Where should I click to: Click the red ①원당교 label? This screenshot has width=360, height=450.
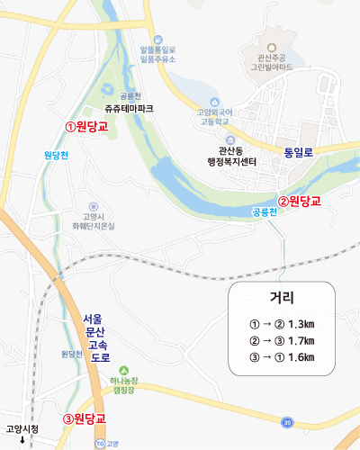86,126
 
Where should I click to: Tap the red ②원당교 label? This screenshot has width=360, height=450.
299,201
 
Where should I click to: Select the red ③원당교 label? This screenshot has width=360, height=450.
85,418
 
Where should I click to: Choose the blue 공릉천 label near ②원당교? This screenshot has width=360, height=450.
265,213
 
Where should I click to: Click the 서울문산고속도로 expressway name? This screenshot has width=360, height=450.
94,337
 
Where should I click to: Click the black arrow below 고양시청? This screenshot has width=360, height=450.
22,441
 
